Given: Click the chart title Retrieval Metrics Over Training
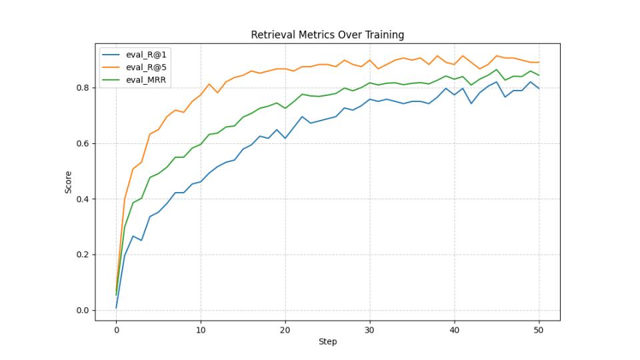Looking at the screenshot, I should pos(327,35).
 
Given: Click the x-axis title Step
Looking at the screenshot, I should pos(327,342).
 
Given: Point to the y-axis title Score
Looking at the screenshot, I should pos(68,181).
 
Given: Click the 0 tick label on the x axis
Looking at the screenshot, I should pos(116,329).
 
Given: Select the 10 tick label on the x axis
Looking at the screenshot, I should pos(201,329).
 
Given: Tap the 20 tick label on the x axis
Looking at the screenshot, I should pos(285,329).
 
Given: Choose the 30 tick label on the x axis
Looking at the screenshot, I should pos(370,329).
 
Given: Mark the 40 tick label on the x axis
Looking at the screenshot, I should pos(454,329).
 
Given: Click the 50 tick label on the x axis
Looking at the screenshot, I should pos(539,329).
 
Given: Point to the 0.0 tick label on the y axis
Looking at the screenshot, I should pos(82,311).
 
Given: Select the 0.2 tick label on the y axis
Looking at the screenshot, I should pos(82,255).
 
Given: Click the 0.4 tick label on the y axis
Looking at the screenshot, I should pos(82,199).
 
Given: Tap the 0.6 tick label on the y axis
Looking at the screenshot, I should pos(82,143).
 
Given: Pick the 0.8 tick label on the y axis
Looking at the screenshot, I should pos(82,88).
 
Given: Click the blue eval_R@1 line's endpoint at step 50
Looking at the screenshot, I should pos(539,89).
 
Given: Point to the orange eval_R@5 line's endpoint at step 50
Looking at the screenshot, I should pos(539,62).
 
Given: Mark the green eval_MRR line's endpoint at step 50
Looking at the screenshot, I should pos(539,75).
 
